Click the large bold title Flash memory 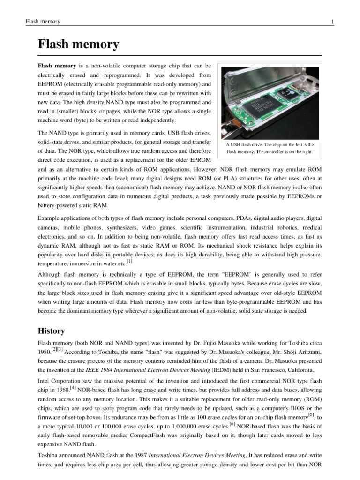78,45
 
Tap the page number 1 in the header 319,22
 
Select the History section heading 52,330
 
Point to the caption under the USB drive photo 270,149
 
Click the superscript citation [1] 129,261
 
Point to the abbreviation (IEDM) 200,370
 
